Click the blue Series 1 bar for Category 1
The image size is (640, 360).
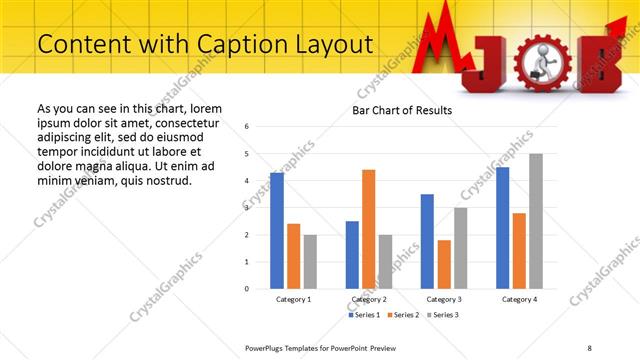277,231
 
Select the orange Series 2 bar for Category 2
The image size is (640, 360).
369,229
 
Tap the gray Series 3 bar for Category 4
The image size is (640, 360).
536,221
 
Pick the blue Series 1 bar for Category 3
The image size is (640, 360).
427,241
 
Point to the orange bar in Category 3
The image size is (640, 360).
444,264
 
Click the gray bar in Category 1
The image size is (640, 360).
310,261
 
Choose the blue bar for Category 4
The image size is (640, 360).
502,228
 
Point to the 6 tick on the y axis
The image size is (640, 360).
247,127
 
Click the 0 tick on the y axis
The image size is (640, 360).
247,289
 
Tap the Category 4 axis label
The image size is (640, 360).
519,299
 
